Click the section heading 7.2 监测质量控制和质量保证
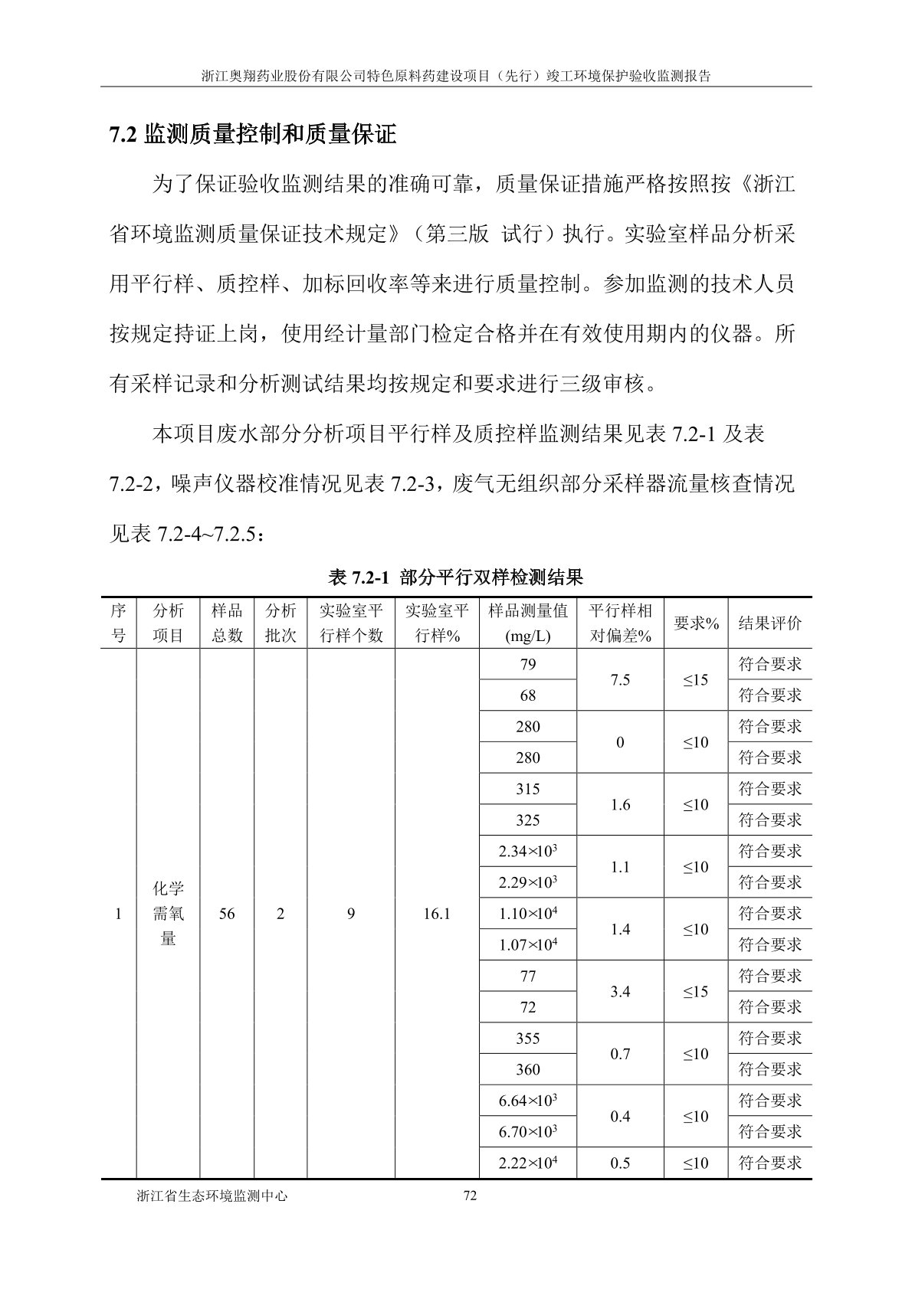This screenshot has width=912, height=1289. click(253, 135)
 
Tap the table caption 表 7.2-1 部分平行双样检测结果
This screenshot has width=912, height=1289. click(456, 575)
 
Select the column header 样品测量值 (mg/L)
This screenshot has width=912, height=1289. click(527, 623)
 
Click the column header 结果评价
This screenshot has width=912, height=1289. click(769, 623)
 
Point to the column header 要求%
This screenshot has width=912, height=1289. click(696, 623)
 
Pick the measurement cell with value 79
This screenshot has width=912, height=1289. click(527, 664)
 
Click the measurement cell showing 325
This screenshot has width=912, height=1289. click(527, 820)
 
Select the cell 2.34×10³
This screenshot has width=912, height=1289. click(527, 851)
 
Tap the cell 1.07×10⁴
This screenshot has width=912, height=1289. click(527, 945)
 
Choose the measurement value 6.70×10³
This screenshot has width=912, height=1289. click(527, 1132)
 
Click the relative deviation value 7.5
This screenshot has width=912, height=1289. click(620, 680)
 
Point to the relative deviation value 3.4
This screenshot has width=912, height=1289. click(620, 992)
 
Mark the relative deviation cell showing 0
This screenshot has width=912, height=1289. click(620, 742)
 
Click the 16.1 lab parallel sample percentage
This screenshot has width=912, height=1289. click(436, 914)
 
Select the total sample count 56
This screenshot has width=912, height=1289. click(227, 914)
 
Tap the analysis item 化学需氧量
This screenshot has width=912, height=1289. click(168, 914)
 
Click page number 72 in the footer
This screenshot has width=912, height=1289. click(471, 1196)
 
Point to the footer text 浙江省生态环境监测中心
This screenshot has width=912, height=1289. click(212, 1196)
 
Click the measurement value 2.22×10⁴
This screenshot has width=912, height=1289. click(527, 1163)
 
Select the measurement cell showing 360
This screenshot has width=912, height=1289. click(527, 1070)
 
